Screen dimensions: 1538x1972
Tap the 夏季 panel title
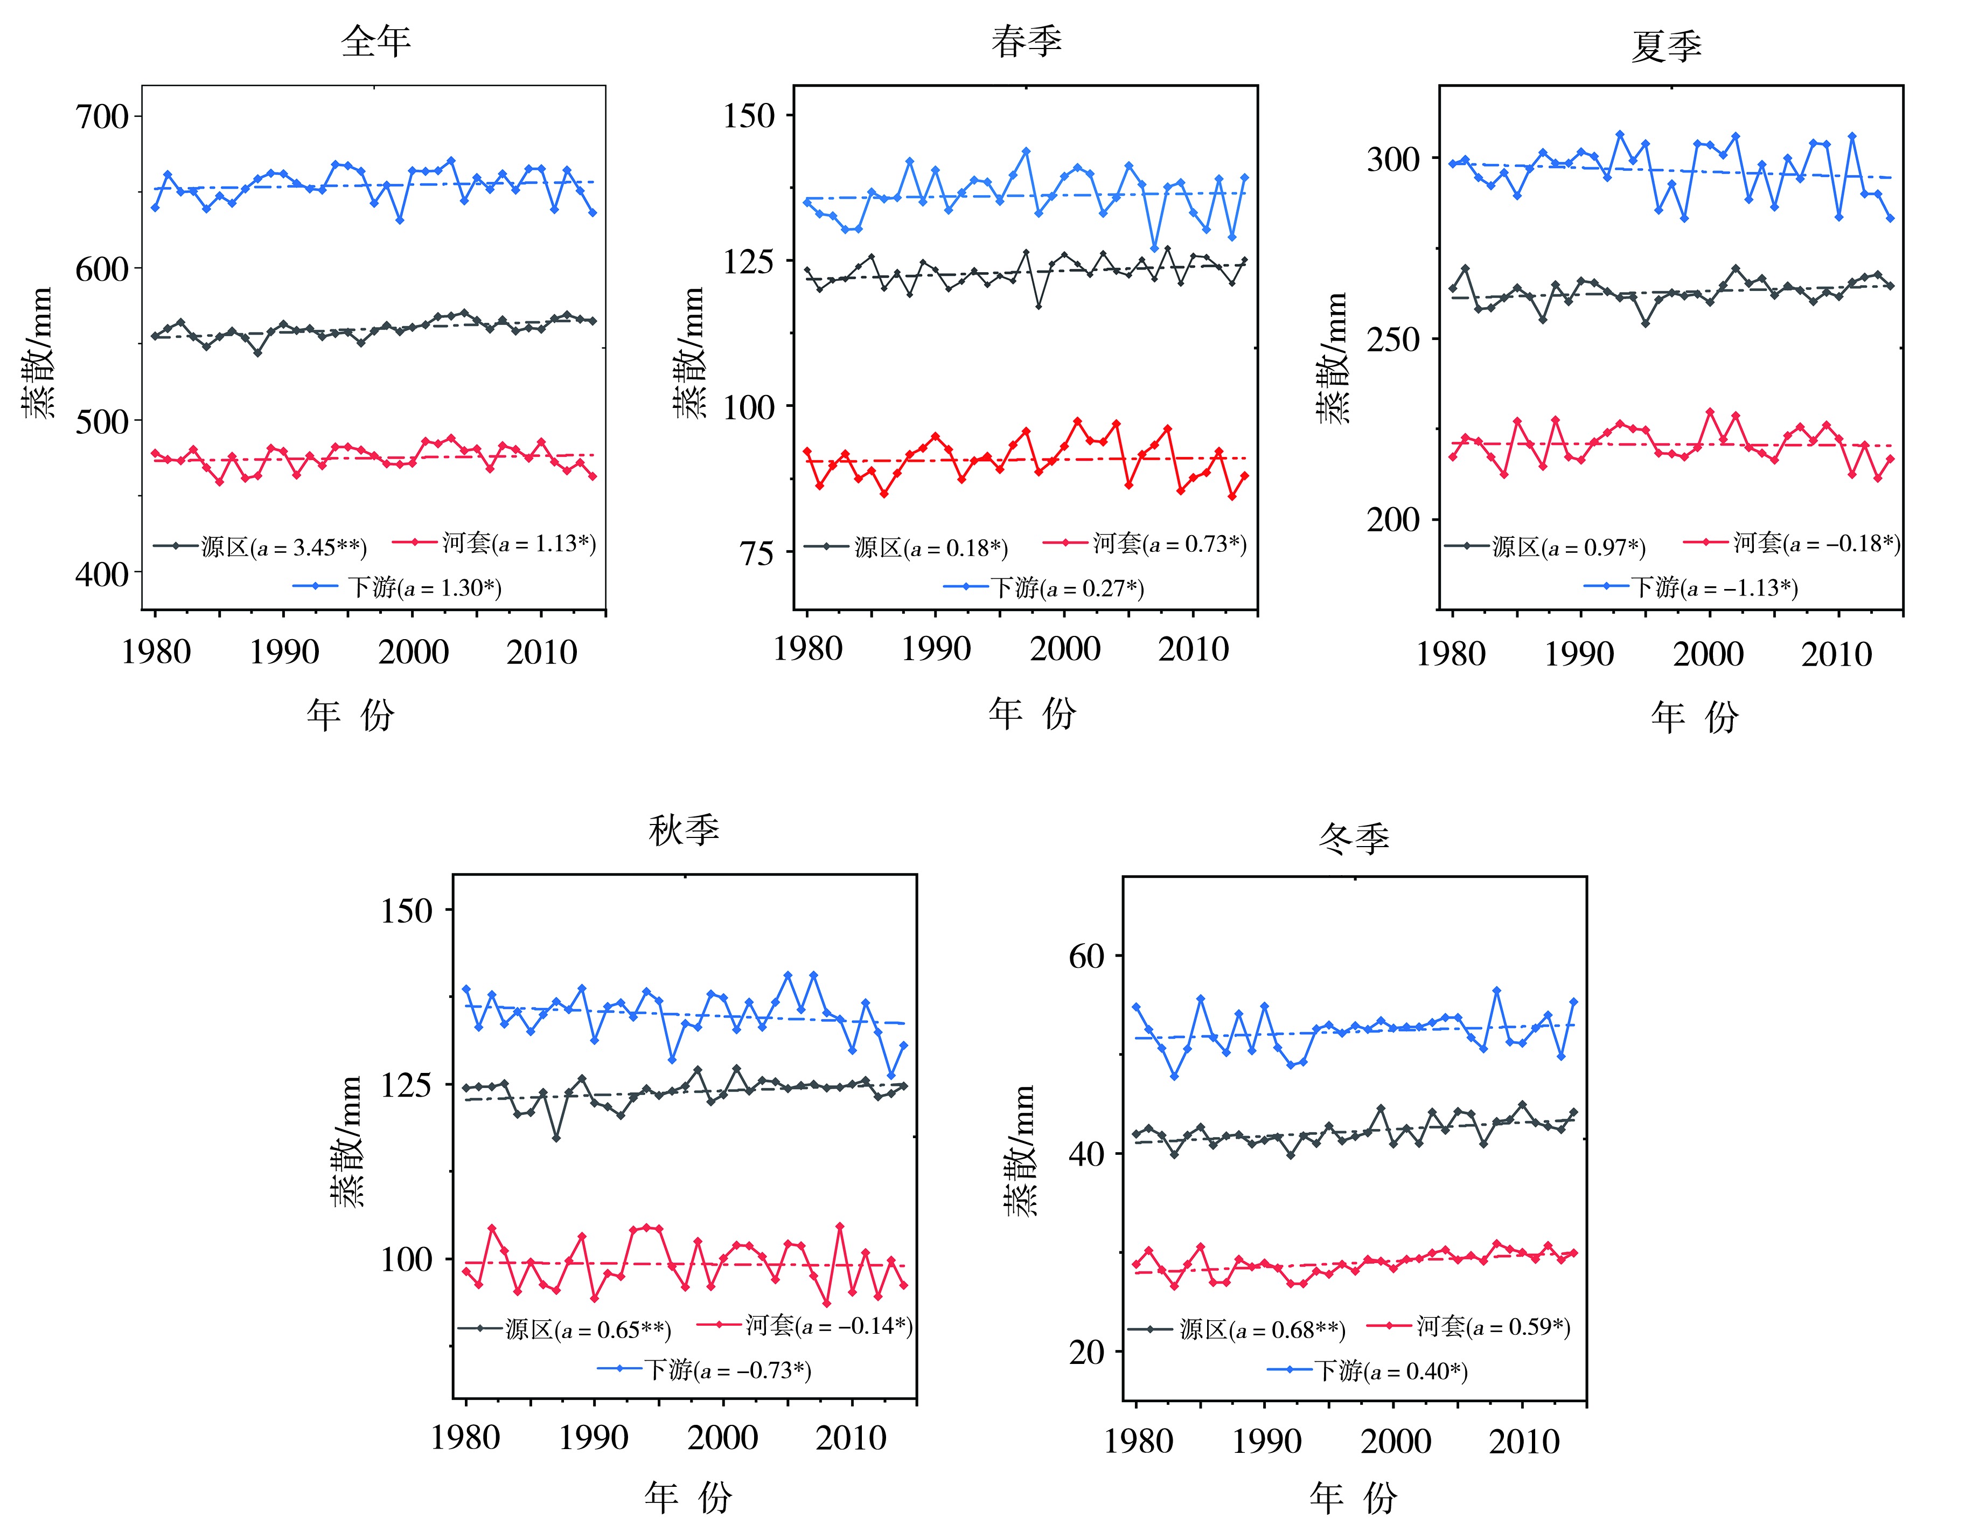1667,46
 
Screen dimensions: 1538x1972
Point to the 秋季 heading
684,829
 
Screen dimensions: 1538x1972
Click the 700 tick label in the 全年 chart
102,116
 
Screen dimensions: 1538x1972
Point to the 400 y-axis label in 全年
102,573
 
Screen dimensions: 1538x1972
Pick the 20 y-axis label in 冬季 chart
1086,1353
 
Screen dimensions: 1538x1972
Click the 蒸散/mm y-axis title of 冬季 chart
1020,1152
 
